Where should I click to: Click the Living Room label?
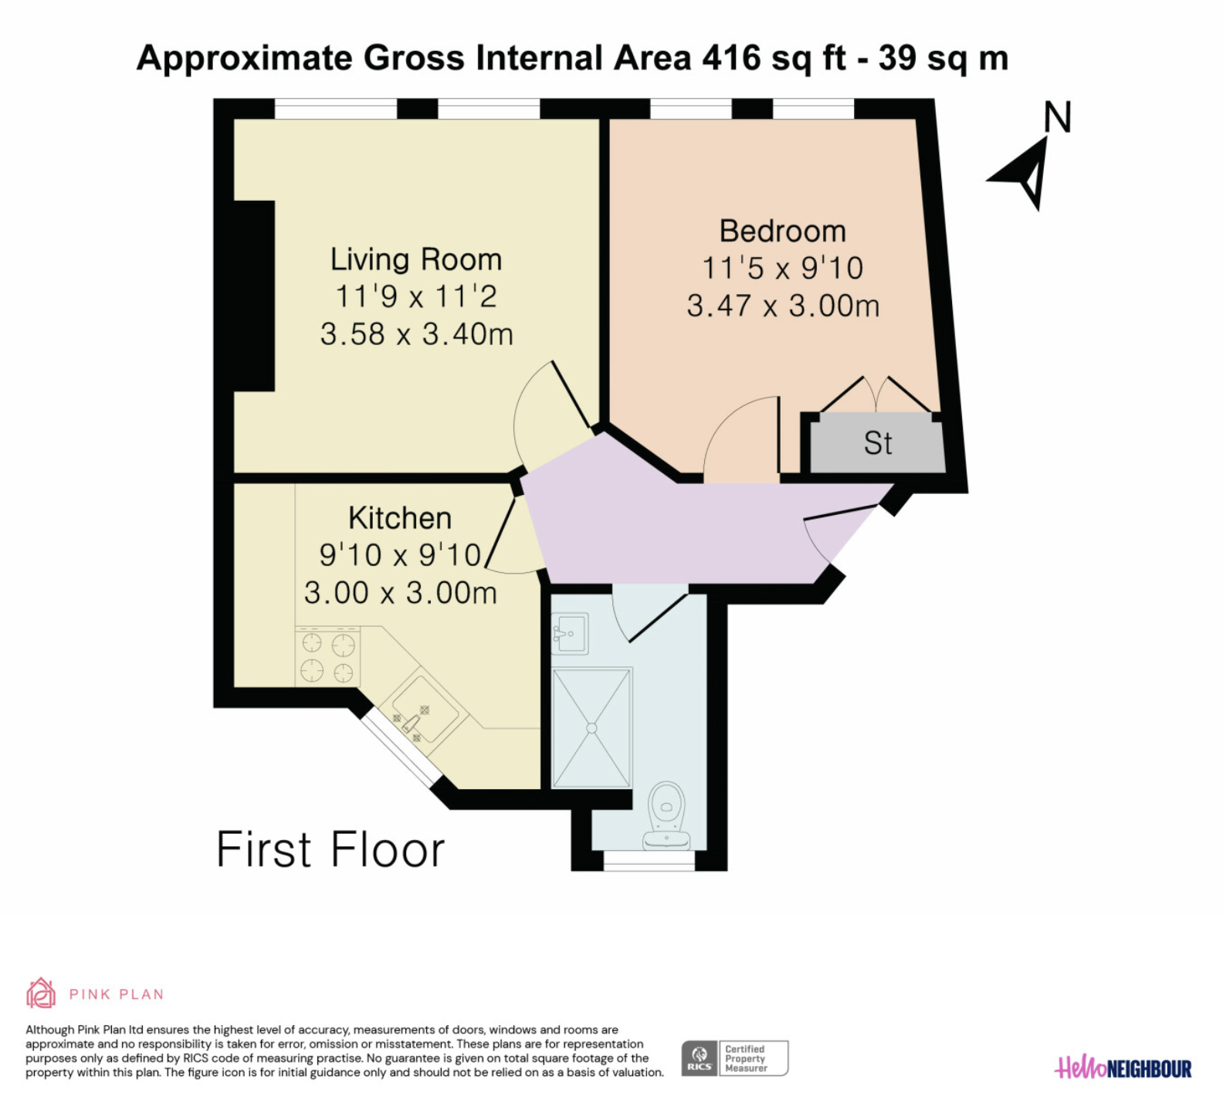[x=416, y=259]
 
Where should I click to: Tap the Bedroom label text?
[x=783, y=231]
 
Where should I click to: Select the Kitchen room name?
[x=400, y=518]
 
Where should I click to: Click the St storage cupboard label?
[x=878, y=443]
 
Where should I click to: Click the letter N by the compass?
[x=1058, y=117]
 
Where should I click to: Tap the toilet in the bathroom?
[x=666, y=815]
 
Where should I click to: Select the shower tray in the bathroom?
[x=592, y=727]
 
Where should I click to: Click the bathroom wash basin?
[x=569, y=634]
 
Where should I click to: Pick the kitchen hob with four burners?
[x=327, y=656]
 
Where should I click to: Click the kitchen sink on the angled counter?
[x=422, y=709]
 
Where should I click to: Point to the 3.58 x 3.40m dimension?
[x=416, y=334]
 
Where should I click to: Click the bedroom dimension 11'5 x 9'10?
[x=783, y=268]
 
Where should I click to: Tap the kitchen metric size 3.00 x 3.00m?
[x=400, y=593]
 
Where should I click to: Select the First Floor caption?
[x=330, y=849]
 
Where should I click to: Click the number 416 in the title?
[x=731, y=58]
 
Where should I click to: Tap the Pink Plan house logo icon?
[x=41, y=993]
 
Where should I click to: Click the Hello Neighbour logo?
[x=1123, y=1068]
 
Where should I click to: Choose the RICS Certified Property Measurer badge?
[x=734, y=1058]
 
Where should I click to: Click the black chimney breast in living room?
[x=254, y=296]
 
